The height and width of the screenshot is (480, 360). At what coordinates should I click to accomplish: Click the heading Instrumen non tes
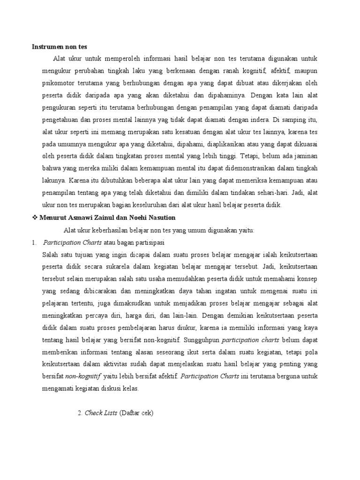(x=60, y=47)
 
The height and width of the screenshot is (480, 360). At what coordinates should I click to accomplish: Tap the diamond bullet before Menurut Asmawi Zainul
(x=34, y=217)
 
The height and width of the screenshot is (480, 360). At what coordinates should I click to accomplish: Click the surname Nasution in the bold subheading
(x=160, y=217)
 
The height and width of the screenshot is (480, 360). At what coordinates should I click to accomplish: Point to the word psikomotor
(x=57, y=83)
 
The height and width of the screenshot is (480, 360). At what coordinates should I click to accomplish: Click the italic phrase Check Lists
(x=101, y=413)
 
